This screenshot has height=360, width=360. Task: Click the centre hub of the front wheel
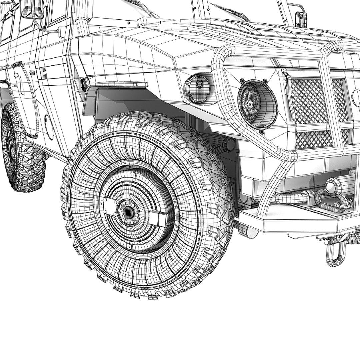coord(128,211)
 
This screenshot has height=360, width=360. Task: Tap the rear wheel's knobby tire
coord(20,150)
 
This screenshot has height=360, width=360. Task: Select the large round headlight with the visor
coord(257,104)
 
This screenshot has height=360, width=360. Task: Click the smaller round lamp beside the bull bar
coord(199,88)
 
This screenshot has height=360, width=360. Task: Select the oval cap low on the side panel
coord(49,127)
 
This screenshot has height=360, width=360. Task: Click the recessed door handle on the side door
coord(43,73)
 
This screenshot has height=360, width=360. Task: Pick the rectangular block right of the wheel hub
coord(158,218)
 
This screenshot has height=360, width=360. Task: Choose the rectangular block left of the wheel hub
coord(109,207)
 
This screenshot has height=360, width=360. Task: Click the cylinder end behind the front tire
coord(228,144)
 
